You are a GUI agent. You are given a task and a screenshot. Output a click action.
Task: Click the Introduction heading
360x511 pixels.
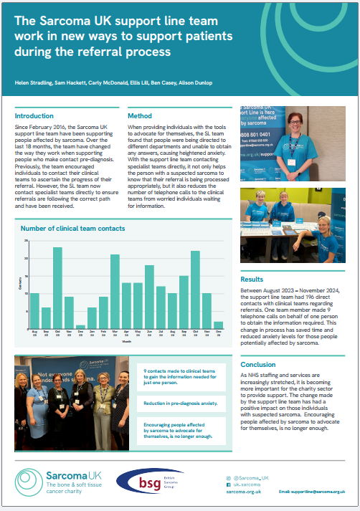[34, 116]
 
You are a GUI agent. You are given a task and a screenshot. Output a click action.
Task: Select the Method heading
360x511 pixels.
[139, 116]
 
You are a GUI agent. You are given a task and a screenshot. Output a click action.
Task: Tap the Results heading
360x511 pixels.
[252, 280]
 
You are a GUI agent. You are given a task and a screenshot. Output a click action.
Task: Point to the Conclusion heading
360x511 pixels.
[260, 365]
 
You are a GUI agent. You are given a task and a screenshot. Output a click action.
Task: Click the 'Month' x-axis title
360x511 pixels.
[126, 343]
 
